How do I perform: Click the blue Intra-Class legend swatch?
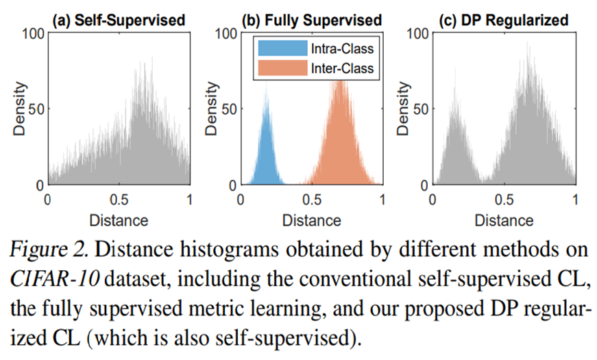[x=281, y=49]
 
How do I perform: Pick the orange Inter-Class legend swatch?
[x=281, y=67]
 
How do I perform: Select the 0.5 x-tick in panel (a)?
[x=118, y=200]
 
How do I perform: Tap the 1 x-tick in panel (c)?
[x=574, y=200]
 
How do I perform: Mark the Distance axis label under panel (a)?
[x=119, y=220]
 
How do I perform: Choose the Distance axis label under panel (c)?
[x=503, y=220]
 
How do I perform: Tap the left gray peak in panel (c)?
[x=453, y=113]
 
